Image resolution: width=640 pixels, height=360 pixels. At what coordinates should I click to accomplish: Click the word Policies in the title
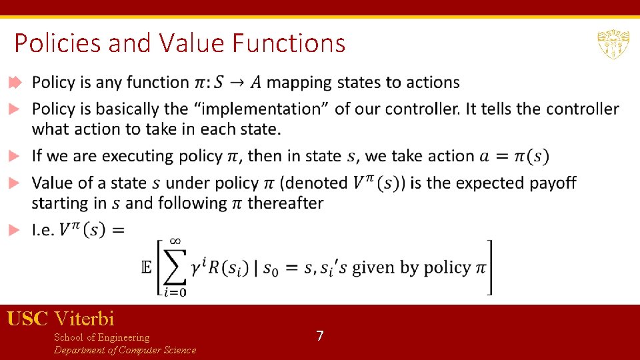(x=57, y=43)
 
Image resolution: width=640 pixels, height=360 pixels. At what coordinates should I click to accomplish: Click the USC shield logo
(x=613, y=45)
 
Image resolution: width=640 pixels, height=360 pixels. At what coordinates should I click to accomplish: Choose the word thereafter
(x=285, y=203)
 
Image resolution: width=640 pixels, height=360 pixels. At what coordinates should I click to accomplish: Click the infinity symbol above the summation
(x=175, y=241)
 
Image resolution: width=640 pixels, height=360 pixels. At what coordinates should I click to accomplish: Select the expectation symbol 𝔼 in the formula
(x=147, y=267)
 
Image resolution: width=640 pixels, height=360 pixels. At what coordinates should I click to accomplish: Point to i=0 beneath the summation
(x=175, y=291)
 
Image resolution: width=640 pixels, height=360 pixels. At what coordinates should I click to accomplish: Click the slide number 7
(x=320, y=336)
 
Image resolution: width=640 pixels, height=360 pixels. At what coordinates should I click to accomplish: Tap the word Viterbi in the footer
(x=85, y=319)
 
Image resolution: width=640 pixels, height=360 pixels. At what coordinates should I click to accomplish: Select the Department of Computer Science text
(x=125, y=350)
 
